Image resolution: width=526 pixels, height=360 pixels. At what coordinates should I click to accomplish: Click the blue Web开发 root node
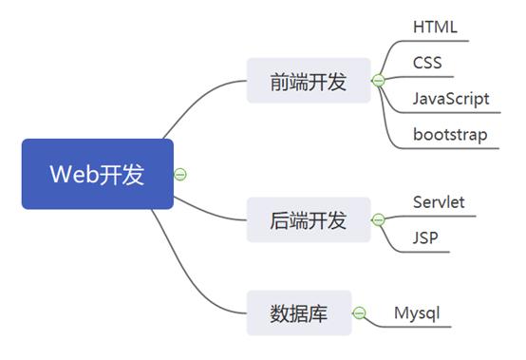coord(97,174)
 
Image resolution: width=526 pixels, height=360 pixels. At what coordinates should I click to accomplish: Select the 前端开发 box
coord(308,82)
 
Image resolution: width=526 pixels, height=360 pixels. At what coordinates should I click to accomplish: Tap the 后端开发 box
coord(308,220)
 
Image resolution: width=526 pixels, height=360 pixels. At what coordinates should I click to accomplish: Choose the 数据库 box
coord(298,313)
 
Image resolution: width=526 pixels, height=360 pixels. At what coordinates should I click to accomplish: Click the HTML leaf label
coord(435,27)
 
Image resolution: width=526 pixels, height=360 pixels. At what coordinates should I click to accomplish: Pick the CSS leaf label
coord(426,63)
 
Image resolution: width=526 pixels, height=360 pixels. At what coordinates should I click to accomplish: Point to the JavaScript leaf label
coord(451,98)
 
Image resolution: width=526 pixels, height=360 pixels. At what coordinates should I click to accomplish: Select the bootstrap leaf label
coord(450,134)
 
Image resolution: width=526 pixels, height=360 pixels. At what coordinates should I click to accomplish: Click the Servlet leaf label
coord(439,201)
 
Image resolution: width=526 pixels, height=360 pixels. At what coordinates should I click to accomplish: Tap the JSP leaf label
coord(425,237)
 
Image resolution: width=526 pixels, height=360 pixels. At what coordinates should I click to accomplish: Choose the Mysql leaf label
coord(417,312)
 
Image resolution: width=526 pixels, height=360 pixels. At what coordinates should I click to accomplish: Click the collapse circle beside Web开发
coord(180,174)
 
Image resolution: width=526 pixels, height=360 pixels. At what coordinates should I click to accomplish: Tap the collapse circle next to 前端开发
coord(378,82)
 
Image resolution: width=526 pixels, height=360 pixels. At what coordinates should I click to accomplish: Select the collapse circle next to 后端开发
coord(378,220)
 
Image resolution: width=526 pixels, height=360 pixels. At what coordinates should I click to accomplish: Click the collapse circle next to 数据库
coord(359,313)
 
